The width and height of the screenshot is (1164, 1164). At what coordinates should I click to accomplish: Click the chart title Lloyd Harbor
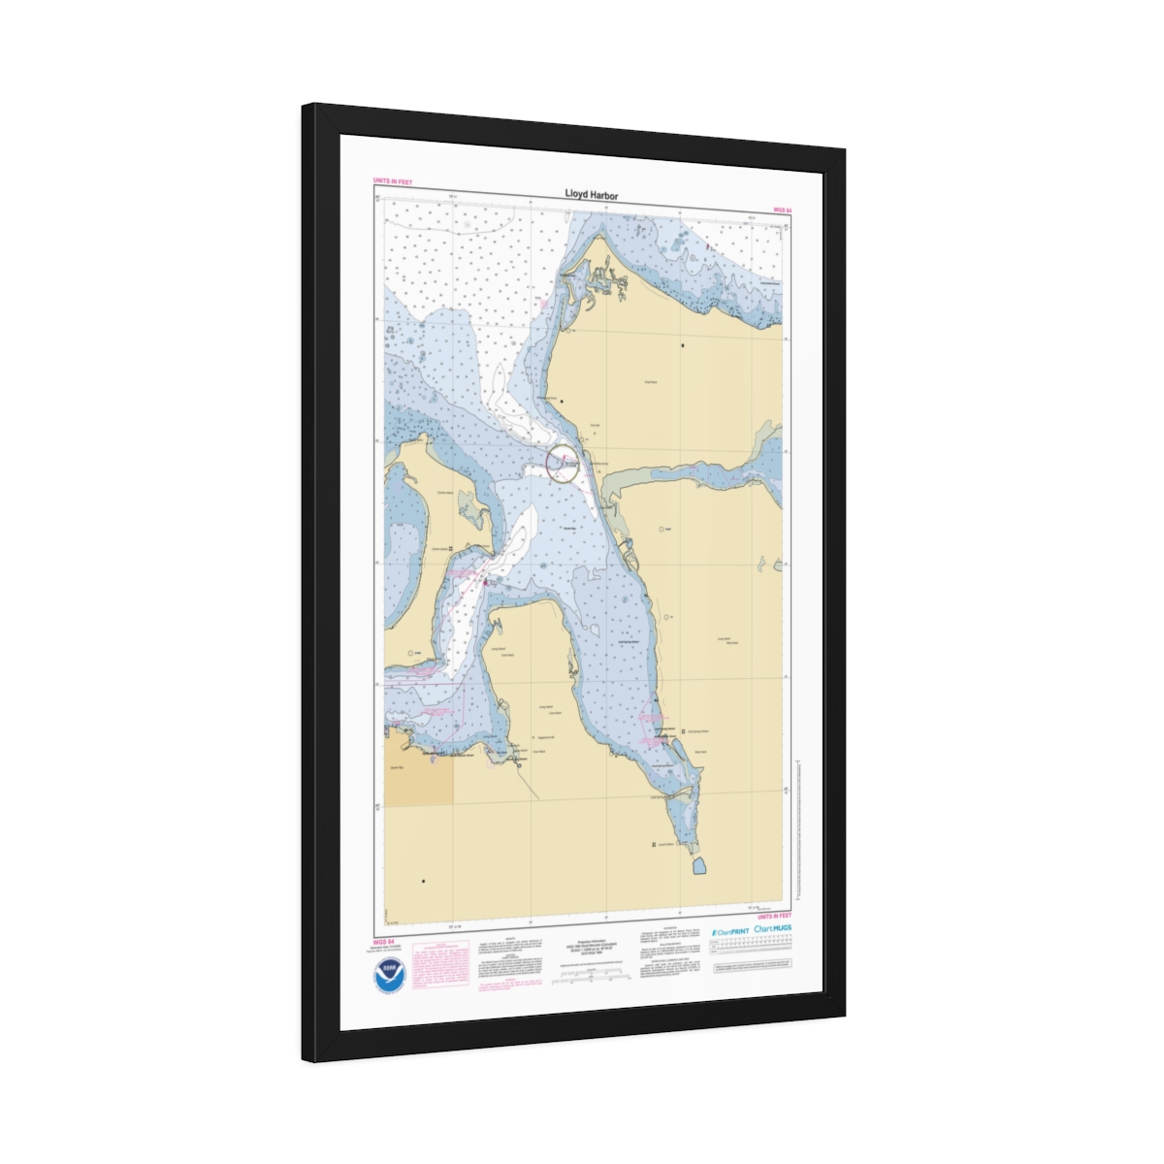pos(591,195)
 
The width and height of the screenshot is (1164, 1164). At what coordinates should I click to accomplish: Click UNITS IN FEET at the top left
pos(393,181)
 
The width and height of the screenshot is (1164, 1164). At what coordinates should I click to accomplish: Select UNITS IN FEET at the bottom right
pos(773,916)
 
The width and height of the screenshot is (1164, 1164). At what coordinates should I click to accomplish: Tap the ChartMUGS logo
pos(773,928)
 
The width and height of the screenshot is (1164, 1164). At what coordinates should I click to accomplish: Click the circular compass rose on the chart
pos(563,463)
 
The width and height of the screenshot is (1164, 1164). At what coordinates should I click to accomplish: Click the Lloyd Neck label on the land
pos(651,382)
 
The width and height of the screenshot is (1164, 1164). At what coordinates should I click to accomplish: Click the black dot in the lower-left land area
pos(423,882)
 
